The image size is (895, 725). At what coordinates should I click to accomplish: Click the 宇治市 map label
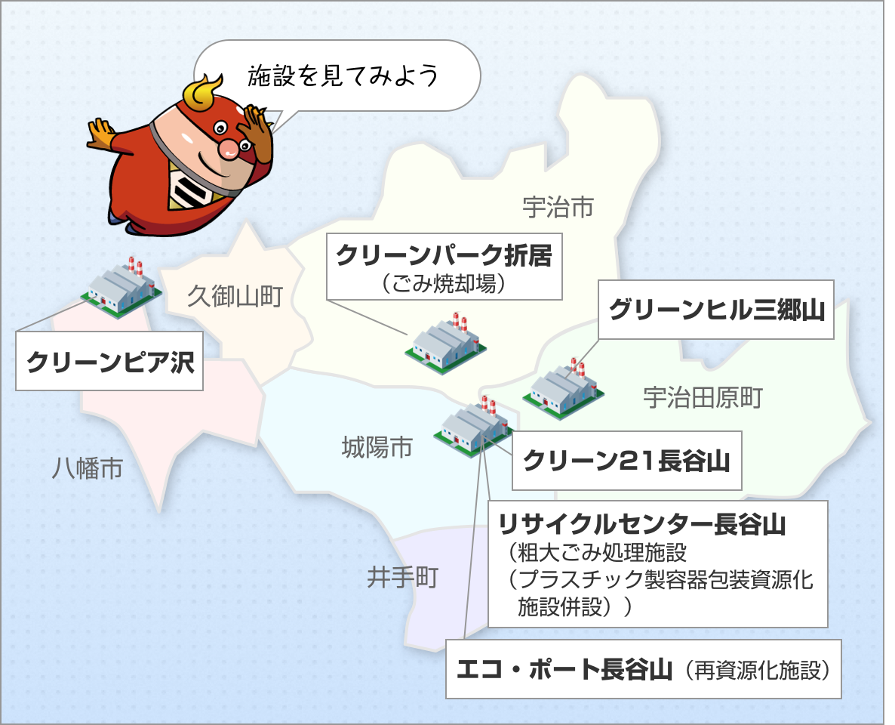pyautogui.click(x=558, y=207)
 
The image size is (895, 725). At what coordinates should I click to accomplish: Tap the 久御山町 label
pyautogui.click(x=235, y=296)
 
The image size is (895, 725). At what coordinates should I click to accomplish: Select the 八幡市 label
pyautogui.click(x=88, y=468)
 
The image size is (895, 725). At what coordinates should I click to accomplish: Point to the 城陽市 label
pyautogui.click(x=377, y=447)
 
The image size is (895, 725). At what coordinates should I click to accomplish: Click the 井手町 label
pyautogui.click(x=402, y=578)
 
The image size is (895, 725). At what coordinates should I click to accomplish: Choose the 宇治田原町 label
pyautogui.click(x=703, y=398)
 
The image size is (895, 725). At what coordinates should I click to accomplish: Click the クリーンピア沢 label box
pyautogui.click(x=109, y=361)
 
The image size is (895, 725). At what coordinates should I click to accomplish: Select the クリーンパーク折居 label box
pyautogui.click(x=444, y=267)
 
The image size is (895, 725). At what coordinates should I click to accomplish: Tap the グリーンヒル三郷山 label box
pyautogui.click(x=715, y=310)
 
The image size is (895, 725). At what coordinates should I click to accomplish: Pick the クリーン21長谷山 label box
pyautogui.click(x=627, y=461)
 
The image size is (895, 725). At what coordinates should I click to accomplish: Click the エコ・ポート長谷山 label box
pyautogui.click(x=643, y=669)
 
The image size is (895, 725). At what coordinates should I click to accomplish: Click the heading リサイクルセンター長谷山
pyautogui.click(x=642, y=524)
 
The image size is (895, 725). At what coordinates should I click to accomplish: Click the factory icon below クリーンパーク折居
pyautogui.click(x=445, y=344)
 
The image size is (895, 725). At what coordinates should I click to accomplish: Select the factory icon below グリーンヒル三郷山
pyautogui.click(x=564, y=389)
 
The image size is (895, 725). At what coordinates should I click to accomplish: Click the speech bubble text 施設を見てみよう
pyautogui.click(x=343, y=76)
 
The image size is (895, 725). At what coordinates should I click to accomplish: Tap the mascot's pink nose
pyautogui.click(x=229, y=149)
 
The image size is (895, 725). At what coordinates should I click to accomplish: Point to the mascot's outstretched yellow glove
pyautogui.click(x=101, y=135)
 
